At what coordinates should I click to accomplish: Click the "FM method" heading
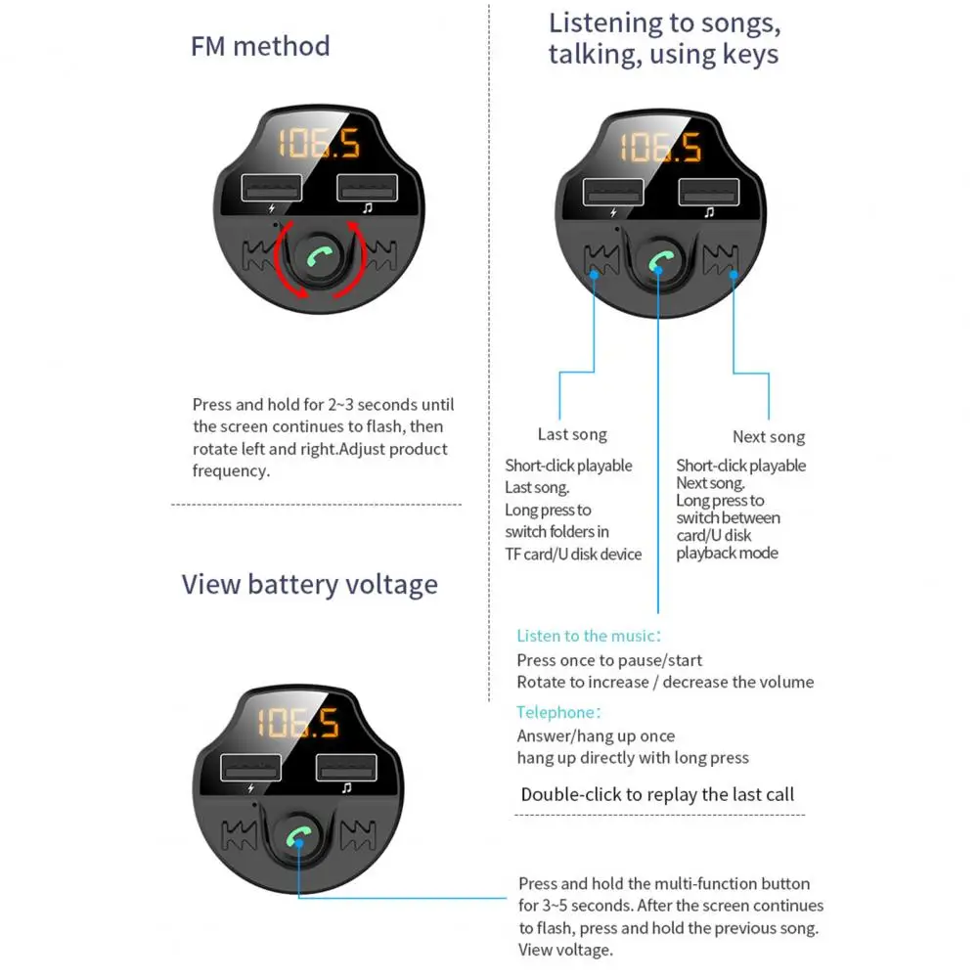(x=260, y=47)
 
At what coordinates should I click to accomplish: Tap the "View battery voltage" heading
(x=309, y=585)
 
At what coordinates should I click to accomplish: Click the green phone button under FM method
(x=319, y=259)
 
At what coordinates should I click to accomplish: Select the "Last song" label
(x=572, y=434)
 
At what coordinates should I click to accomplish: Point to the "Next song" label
(x=769, y=437)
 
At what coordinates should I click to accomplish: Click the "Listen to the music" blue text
(x=588, y=636)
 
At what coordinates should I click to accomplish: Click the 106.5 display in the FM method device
(x=319, y=144)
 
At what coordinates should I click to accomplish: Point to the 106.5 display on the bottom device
(x=297, y=724)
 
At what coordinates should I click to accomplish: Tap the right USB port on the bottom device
(x=344, y=767)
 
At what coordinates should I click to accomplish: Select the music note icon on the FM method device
(x=368, y=208)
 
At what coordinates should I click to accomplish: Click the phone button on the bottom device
(x=298, y=837)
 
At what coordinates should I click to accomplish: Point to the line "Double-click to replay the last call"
(x=657, y=794)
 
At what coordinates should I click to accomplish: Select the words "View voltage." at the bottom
(x=565, y=950)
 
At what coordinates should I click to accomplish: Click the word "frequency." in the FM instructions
(x=231, y=470)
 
